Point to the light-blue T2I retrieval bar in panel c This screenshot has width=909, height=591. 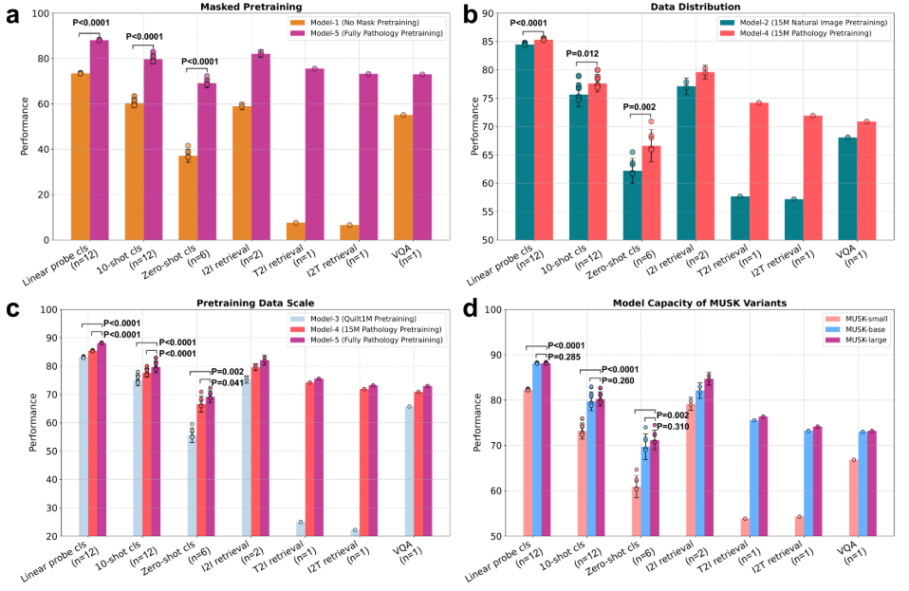[300, 528]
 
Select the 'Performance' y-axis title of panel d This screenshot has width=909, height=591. [477, 422]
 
